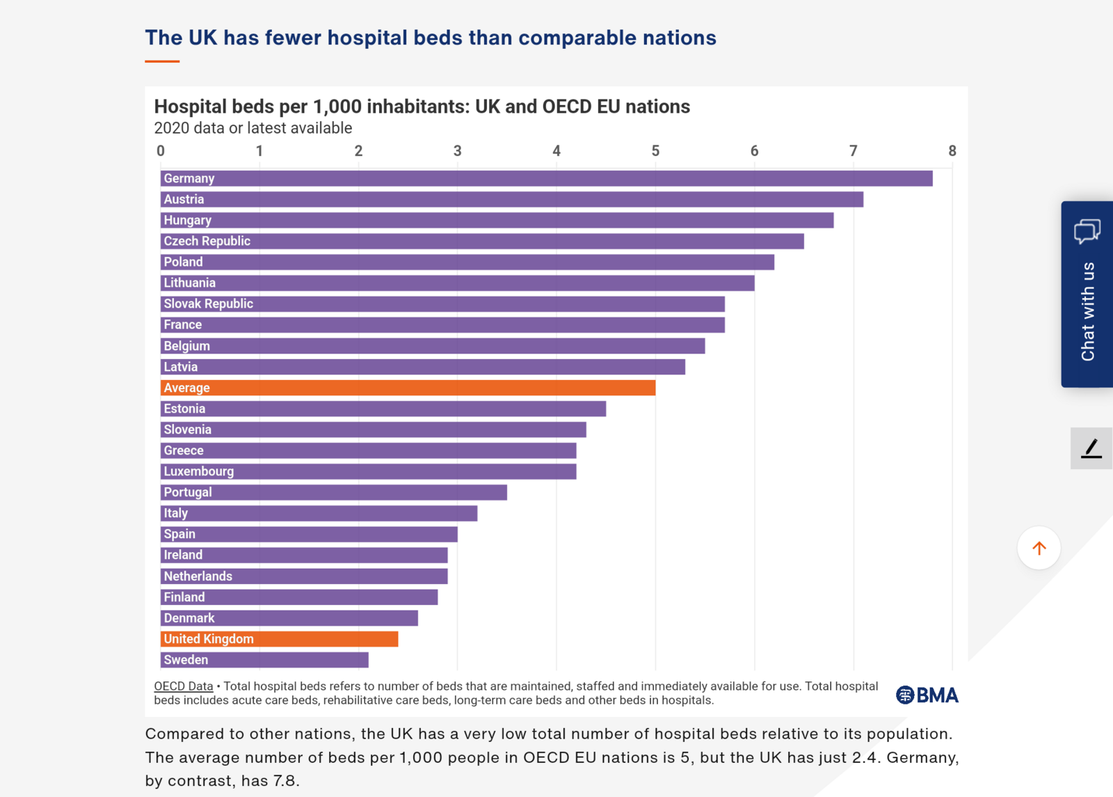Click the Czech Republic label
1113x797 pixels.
click(x=207, y=241)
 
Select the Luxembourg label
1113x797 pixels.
click(x=198, y=471)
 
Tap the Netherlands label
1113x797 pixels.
click(x=198, y=576)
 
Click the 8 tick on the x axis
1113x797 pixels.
click(x=952, y=151)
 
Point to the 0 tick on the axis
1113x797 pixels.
click(x=161, y=151)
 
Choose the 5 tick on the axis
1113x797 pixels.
click(x=655, y=151)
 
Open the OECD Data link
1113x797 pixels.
click(x=183, y=686)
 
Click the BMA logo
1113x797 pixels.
click(x=927, y=695)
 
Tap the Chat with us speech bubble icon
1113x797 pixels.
click(x=1087, y=231)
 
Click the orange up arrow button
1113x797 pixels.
click(x=1039, y=549)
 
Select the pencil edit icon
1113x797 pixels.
click(x=1091, y=448)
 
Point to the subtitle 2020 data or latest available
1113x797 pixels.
click(x=253, y=128)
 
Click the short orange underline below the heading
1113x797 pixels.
click(x=162, y=61)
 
